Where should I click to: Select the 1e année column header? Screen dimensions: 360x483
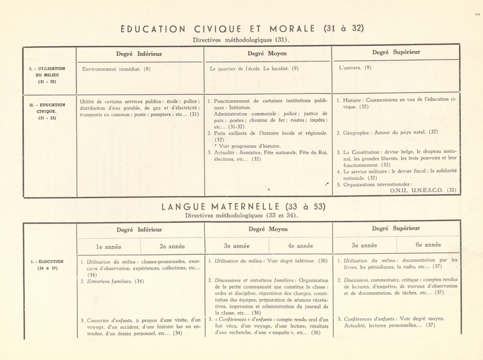pyautogui.click(x=108, y=246)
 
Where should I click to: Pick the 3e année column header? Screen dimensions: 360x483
pyautogui.click(x=236, y=245)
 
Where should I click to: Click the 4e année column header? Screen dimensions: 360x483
pyautogui.click(x=300, y=245)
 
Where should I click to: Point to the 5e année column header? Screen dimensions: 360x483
pyautogui.click(x=364, y=245)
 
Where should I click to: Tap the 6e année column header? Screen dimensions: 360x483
pyautogui.click(x=428, y=245)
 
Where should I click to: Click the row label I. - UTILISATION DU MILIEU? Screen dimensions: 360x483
pyautogui.click(x=47, y=75)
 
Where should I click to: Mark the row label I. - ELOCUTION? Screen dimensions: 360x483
pyautogui.click(x=47, y=265)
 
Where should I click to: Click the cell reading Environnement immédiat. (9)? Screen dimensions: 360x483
pyautogui.click(x=116, y=69)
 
